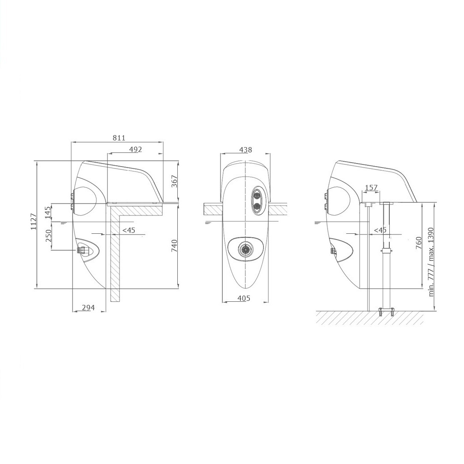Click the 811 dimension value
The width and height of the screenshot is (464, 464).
click(x=119, y=138)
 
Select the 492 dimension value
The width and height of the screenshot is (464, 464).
click(x=136, y=149)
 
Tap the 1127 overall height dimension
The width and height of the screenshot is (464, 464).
click(x=33, y=221)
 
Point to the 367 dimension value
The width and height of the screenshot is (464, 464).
click(x=175, y=181)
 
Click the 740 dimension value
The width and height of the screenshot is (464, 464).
click(x=174, y=246)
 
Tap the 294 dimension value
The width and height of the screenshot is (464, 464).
click(x=88, y=308)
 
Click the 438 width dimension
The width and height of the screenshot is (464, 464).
click(x=246, y=150)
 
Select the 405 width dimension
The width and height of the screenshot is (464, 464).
click(x=244, y=298)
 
